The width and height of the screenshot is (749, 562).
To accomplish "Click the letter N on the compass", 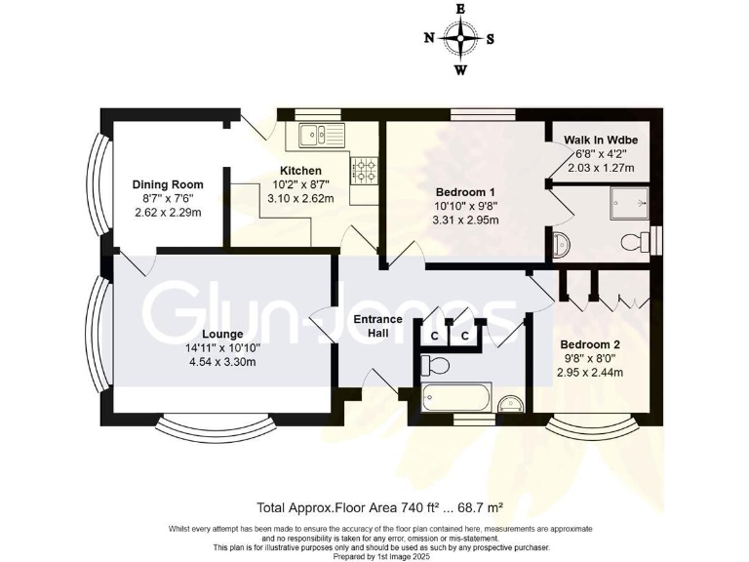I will (x=429, y=39).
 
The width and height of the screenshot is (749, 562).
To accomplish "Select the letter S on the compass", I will (x=491, y=39).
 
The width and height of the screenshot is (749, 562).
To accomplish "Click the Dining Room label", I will (x=168, y=184).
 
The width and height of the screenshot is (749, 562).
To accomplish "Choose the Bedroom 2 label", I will (x=590, y=344).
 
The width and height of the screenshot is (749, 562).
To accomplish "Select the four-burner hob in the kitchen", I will (x=365, y=172).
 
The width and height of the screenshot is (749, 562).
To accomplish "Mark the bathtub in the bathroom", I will (x=457, y=398).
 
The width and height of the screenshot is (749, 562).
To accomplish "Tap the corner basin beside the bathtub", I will (x=509, y=404).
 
